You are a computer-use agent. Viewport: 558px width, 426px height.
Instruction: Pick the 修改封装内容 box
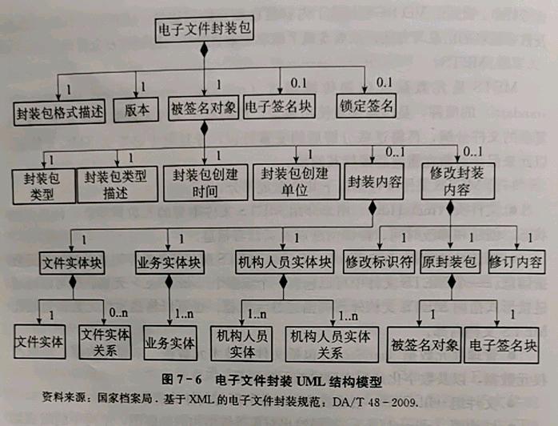(452, 181)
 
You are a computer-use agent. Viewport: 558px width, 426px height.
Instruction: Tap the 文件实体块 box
(73, 262)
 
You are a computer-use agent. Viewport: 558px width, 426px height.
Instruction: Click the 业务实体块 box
(168, 262)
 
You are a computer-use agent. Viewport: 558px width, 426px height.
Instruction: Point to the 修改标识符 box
(378, 261)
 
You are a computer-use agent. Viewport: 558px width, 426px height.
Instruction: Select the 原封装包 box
(449, 261)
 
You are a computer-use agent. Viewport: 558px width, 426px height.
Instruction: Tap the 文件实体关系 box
(102, 340)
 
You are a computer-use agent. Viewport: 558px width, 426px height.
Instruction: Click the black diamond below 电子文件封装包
(204, 50)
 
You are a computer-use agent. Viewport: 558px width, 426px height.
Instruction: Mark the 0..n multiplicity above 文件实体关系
(118, 311)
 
